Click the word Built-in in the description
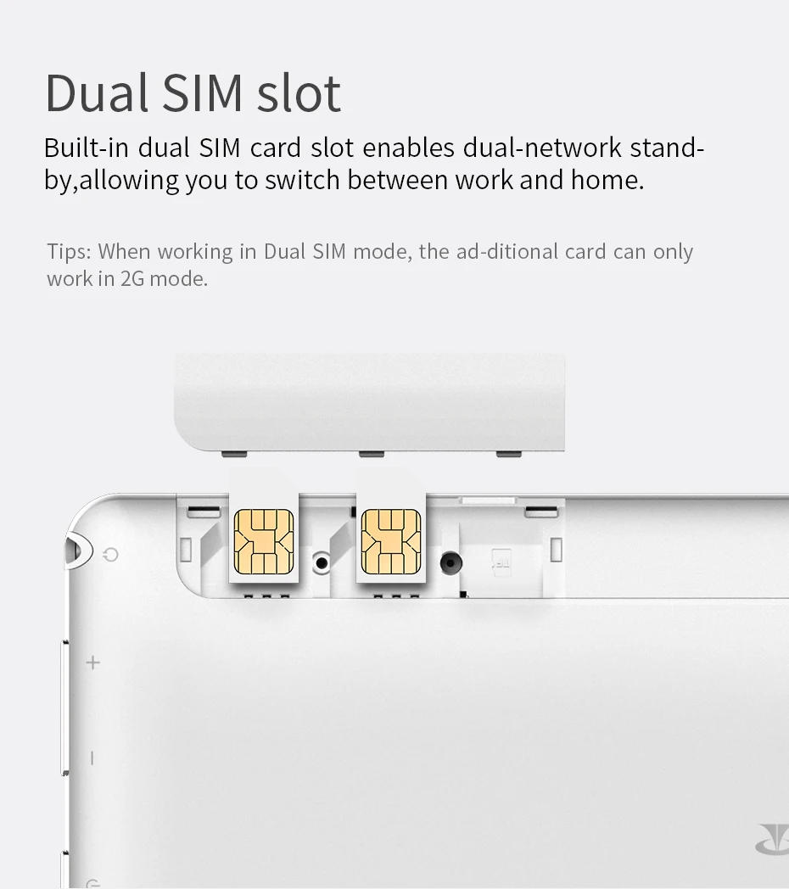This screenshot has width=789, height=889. pos(86,148)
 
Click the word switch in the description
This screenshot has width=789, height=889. pos(303,180)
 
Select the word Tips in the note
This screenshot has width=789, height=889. pos(68,252)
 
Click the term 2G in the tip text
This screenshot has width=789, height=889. pos(132,278)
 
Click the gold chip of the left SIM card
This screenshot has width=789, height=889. pos(264,541)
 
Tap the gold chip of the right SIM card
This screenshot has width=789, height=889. pos(391,541)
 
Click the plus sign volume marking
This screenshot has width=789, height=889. pos(92,662)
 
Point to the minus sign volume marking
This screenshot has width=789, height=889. pos(92,758)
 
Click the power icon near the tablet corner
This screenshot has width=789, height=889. pos(111,556)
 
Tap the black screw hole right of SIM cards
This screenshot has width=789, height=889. pos(450,561)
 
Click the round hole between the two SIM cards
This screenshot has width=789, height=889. pos(322,562)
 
